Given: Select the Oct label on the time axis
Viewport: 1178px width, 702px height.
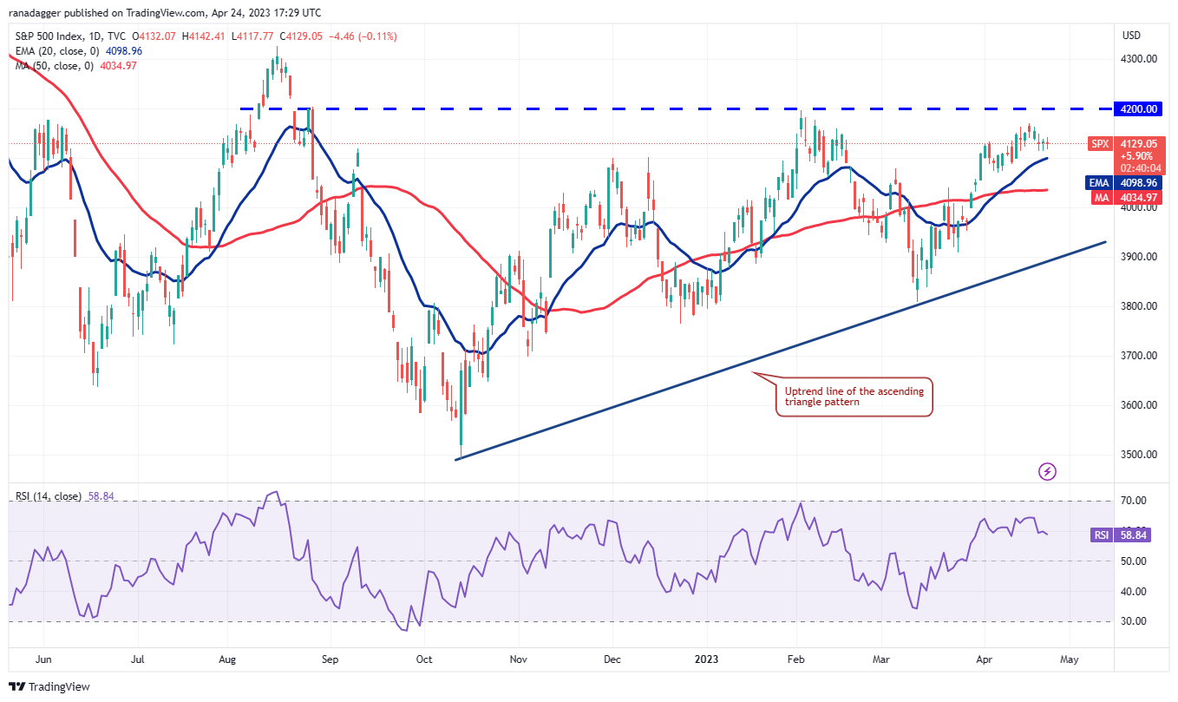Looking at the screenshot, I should coord(423,659).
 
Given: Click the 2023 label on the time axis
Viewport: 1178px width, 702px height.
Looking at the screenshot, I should coord(705,659).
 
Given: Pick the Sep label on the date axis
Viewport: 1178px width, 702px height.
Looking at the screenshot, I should coord(330,659).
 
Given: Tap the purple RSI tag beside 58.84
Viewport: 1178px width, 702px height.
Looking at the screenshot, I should coord(1101,535).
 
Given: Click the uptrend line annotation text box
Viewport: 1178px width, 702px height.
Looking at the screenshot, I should coord(854,397).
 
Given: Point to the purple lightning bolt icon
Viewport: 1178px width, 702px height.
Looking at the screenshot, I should coord(1048,471).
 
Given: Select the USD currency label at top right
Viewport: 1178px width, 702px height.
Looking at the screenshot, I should coord(1131,36).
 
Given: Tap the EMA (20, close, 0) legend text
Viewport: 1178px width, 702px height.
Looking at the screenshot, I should coord(55,51).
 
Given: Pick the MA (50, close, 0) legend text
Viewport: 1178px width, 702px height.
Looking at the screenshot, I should coord(53,66).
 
